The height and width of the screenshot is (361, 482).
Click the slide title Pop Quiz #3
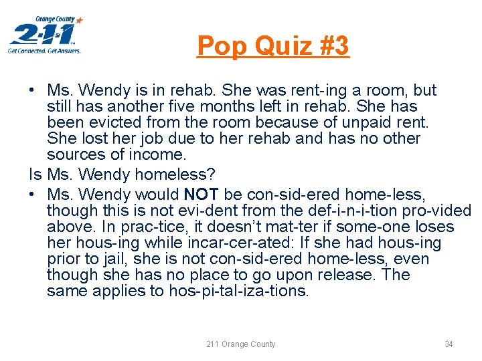(x=272, y=46)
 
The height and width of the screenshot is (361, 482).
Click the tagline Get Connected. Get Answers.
(x=44, y=51)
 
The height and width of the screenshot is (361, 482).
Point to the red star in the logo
(x=80, y=21)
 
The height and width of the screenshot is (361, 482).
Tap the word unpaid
(x=367, y=122)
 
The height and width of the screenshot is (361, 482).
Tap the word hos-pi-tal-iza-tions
(x=232, y=291)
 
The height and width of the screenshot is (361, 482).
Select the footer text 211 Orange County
(x=240, y=344)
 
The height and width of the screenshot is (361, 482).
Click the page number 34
(x=449, y=344)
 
